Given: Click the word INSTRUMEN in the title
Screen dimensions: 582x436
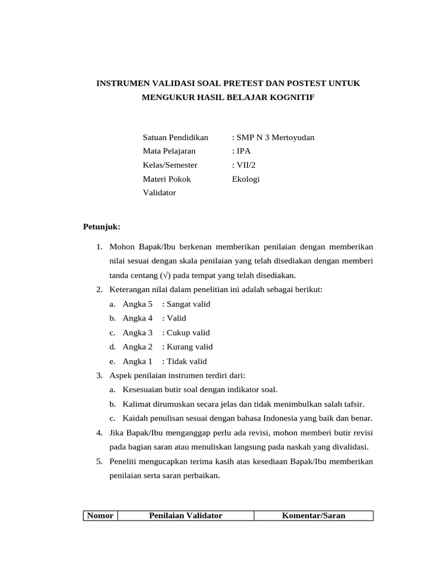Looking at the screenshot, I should (121, 84).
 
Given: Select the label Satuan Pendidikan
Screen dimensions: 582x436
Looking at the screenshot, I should (175, 138).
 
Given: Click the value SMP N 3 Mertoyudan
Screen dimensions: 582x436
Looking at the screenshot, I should (275, 138).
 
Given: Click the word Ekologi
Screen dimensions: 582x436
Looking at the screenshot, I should (246, 179).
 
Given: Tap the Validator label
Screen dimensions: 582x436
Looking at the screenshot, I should (160, 193).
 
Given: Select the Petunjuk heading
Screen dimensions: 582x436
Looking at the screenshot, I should (102, 227).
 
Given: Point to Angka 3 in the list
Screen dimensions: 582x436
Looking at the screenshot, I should (137, 333).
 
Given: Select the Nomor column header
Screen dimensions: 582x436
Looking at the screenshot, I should (100, 516).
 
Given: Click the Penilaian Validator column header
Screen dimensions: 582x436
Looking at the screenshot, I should (185, 516).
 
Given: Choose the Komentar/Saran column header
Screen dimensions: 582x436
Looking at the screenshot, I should (313, 516).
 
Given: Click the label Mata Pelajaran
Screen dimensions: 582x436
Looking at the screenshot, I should (169, 151).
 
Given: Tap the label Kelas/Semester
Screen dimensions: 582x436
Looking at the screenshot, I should (170, 165).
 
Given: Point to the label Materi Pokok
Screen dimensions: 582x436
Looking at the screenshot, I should (167, 179).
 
